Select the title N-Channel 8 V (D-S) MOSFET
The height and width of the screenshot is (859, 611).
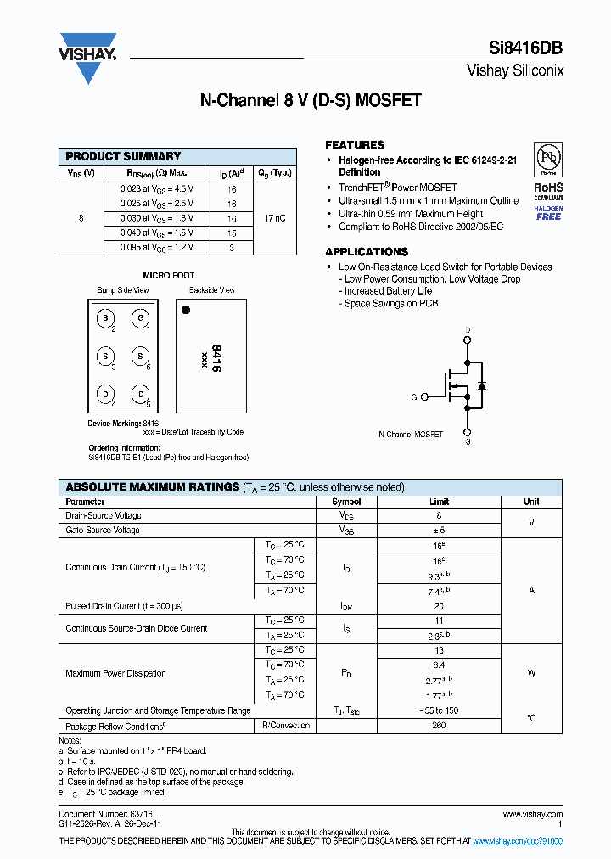[311, 99]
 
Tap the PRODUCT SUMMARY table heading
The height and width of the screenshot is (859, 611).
[123, 156]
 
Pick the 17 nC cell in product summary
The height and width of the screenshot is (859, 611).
[275, 218]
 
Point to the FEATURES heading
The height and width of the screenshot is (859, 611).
[355, 145]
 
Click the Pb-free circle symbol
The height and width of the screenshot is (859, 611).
[548, 159]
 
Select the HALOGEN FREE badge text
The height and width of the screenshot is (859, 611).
[548, 213]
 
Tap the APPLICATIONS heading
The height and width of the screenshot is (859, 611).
[367, 252]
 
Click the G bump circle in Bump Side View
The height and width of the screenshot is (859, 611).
[139, 318]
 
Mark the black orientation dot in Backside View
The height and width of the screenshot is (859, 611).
[186, 310]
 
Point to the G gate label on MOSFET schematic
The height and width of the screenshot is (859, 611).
[413, 396]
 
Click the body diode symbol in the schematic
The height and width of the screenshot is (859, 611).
[481, 385]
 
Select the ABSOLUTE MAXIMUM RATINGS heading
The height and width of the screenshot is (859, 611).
[152, 487]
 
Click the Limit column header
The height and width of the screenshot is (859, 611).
[440, 502]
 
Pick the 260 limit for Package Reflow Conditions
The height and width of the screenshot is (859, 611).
[440, 726]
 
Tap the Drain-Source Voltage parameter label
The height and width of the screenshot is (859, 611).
[104, 516]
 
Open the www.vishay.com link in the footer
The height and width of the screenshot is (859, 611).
[531, 814]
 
